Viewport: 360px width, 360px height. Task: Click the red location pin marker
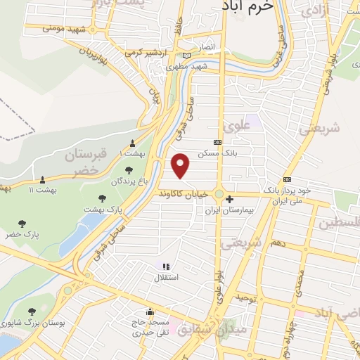coord(181,166)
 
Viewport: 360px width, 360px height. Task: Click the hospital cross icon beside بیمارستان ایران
coord(230,199)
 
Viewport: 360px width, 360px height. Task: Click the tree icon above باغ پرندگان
coord(129,169)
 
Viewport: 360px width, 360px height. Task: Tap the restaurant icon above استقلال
coord(166,266)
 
